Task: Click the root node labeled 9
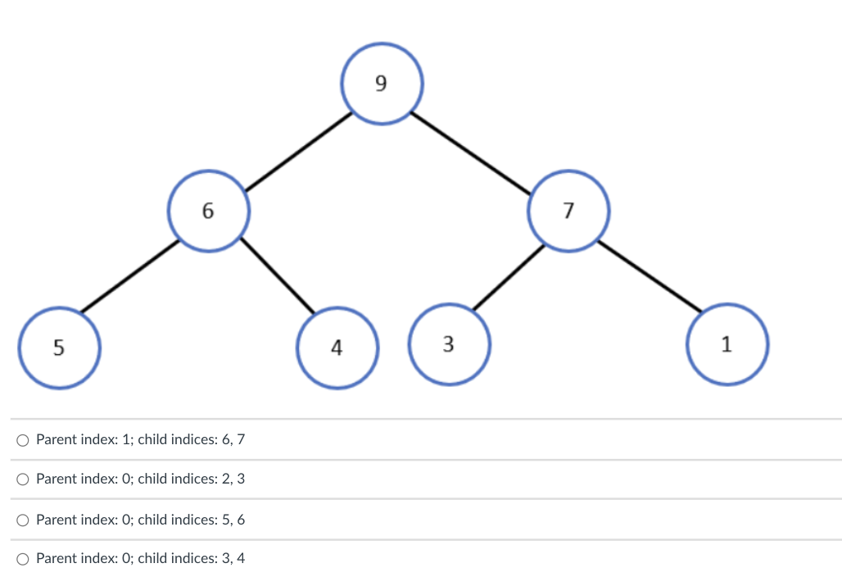[x=381, y=84]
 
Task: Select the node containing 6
[x=208, y=211]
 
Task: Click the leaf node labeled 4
[x=337, y=347]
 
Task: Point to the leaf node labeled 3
[x=448, y=344]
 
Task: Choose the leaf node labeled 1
[x=727, y=344]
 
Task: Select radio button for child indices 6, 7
[x=23, y=440]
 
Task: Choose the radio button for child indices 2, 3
[x=23, y=479]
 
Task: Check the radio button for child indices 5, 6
[x=23, y=520]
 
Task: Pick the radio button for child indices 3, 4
[x=23, y=559]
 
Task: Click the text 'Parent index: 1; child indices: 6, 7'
[x=140, y=439]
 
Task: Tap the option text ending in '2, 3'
[x=140, y=479]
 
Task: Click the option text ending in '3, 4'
[x=140, y=558]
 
